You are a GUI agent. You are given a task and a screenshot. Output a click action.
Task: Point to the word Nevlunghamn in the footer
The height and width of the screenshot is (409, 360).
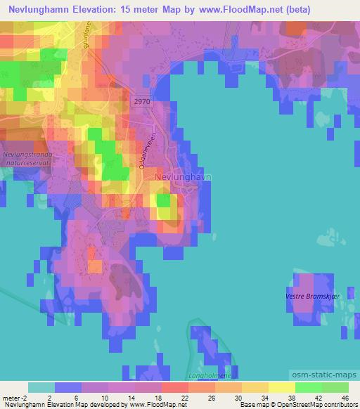click(x=19, y=405)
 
